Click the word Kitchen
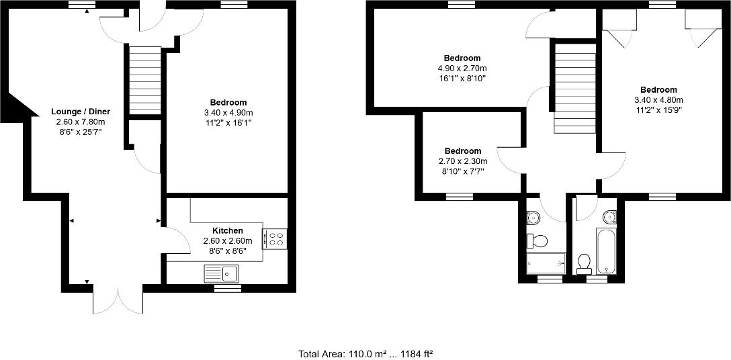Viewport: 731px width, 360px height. (227, 230)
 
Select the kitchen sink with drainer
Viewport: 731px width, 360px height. (221, 273)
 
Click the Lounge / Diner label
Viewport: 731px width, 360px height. (81, 111)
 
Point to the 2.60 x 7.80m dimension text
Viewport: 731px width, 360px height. (81, 122)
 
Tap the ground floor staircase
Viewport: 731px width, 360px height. (144, 81)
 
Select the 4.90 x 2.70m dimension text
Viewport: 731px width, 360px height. (462, 69)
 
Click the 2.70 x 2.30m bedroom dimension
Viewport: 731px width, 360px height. (462, 161)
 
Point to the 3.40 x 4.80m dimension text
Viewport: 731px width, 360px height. (658, 100)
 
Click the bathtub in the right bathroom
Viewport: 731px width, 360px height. (606, 251)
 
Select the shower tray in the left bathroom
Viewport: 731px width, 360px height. (546, 263)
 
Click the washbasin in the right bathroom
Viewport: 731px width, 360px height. (609, 216)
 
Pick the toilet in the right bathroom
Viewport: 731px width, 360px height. (583, 261)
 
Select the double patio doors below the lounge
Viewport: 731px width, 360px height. (118, 300)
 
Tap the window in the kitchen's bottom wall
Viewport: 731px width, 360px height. (227, 288)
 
